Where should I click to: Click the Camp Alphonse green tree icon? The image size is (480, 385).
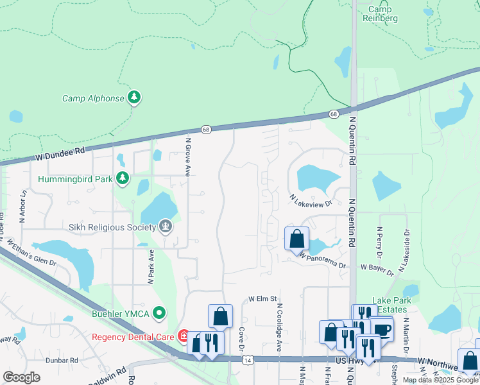point(134,98)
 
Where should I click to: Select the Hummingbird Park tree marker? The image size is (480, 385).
point(123,178)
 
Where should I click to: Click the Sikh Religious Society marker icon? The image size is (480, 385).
point(166,227)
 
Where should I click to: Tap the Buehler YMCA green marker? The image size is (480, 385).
point(159,313)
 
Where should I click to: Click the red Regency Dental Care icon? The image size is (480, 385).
point(184,336)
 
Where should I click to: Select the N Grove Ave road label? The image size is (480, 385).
point(189,157)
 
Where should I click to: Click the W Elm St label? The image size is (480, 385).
point(262,298)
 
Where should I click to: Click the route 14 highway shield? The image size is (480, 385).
point(247,361)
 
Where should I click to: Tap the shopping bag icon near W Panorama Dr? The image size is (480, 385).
point(296,239)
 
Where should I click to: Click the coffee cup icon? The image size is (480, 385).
point(382,329)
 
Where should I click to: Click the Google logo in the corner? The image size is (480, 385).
point(21,377)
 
